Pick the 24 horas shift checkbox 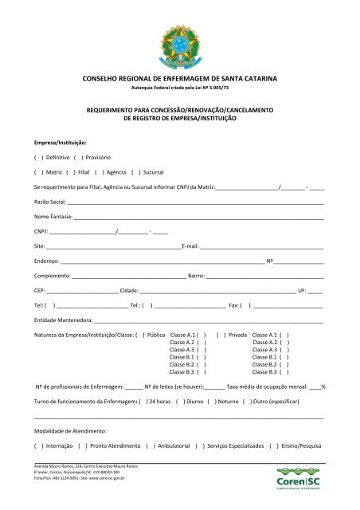(x=143, y=402)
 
